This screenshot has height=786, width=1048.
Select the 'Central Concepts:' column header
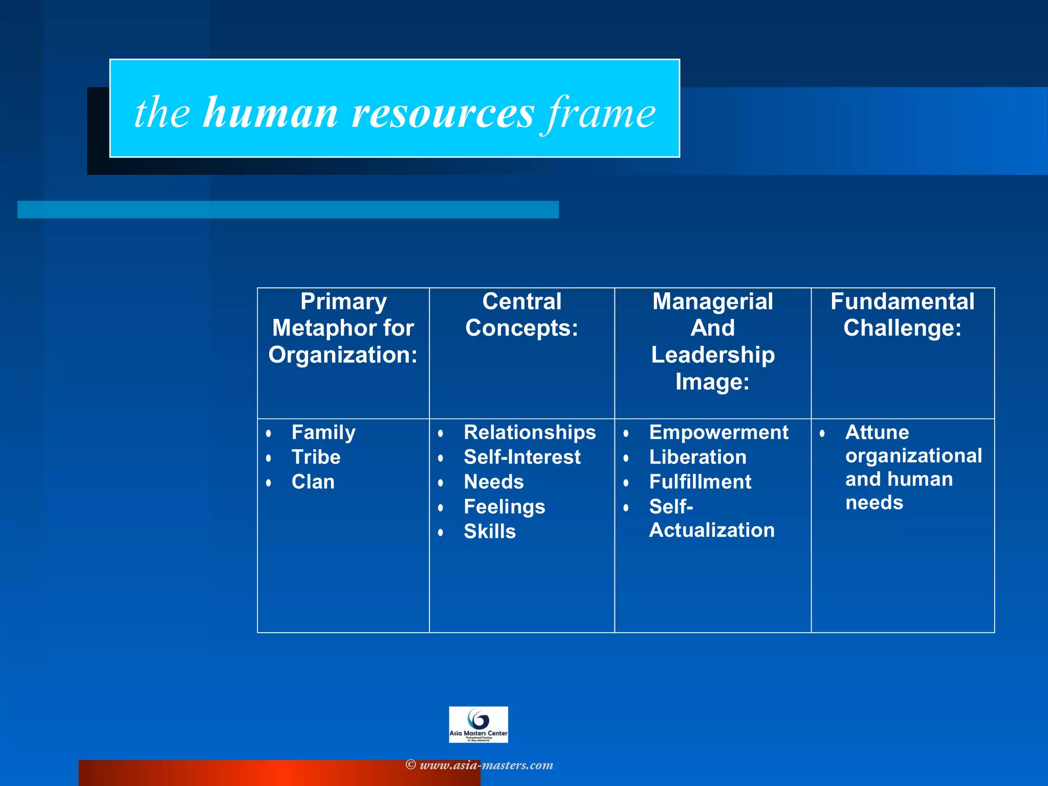[521, 315]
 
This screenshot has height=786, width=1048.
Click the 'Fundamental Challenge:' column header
[902, 315]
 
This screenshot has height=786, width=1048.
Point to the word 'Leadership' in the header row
[713, 355]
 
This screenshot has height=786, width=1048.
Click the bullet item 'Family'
[323, 432]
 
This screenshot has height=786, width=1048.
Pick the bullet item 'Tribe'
[316, 457]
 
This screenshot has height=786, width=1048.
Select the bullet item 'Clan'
[313, 482]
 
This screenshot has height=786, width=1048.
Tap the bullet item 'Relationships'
[530, 432]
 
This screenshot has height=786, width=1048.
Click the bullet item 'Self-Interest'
[522, 457]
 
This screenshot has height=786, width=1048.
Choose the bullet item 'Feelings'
[505, 507]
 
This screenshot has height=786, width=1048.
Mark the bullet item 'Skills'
[490, 532]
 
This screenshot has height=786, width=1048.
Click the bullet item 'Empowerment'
[718, 432]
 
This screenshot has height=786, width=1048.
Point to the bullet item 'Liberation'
[697, 457]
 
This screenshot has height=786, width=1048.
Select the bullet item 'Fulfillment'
[700, 482]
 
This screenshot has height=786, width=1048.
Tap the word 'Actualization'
[712, 530]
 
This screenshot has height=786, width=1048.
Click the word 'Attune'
[877, 432]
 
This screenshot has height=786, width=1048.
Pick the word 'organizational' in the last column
[913, 455]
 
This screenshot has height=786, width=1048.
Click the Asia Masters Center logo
[478, 724]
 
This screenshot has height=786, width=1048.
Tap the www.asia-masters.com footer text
[486, 765]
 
